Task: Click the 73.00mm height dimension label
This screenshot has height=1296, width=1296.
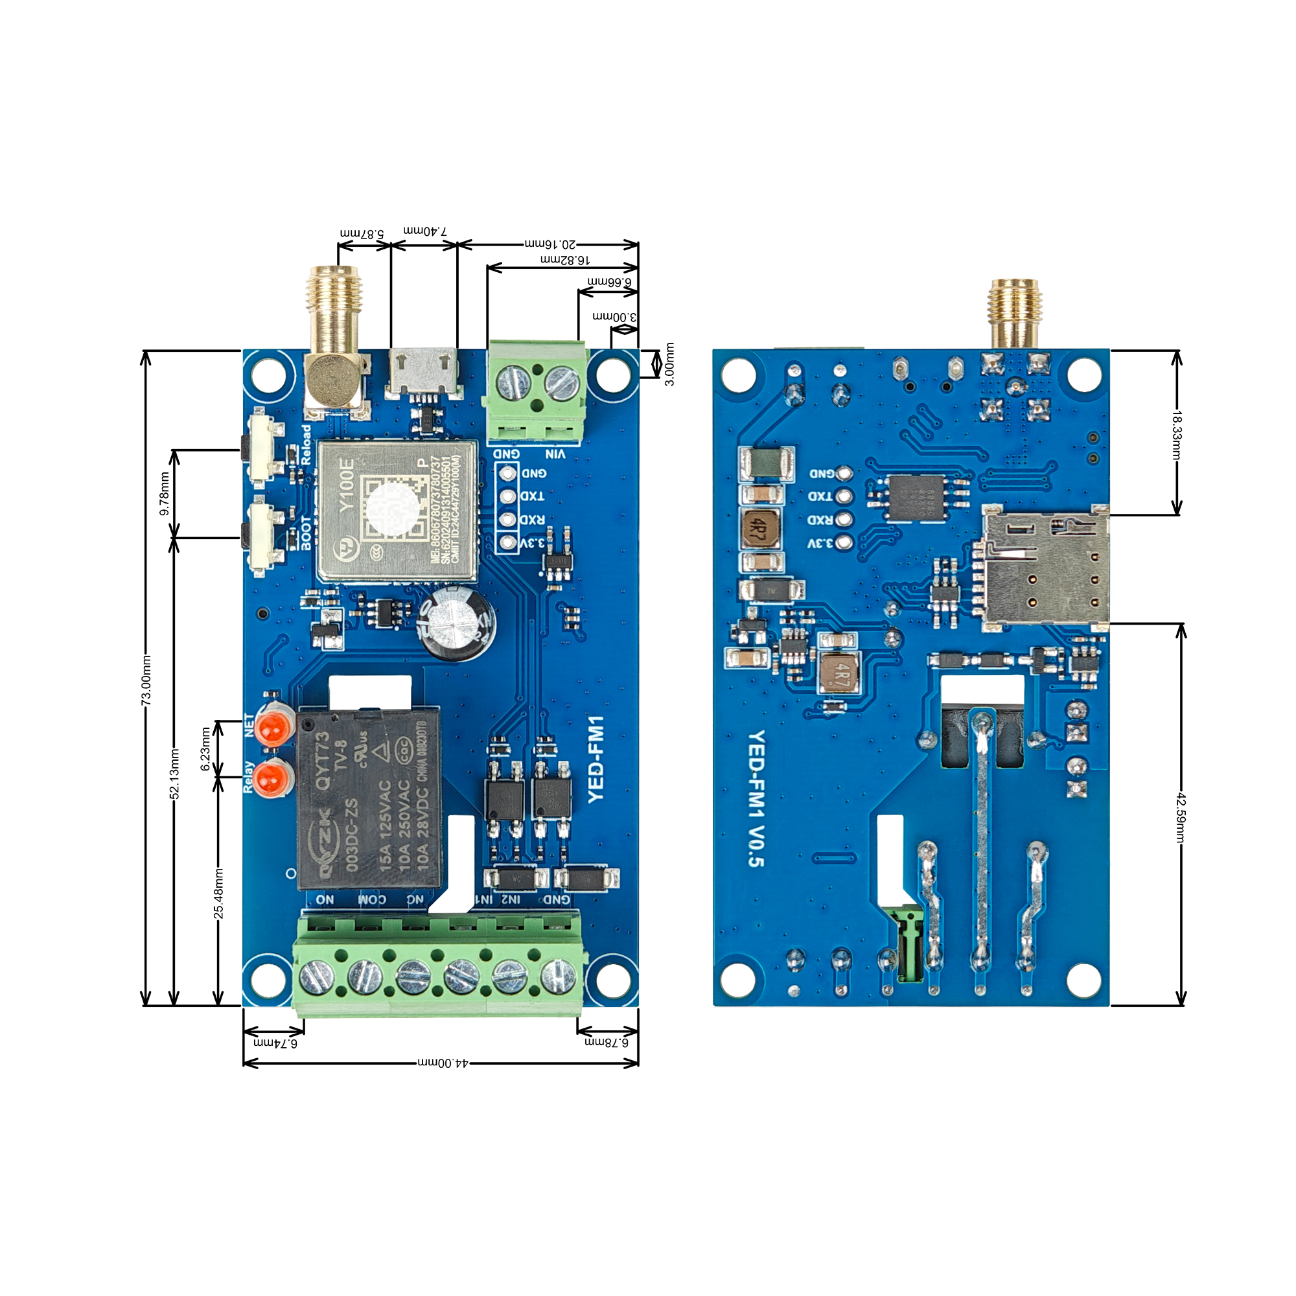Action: tap(146, 680)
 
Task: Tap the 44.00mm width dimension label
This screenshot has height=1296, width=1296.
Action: tap(443, 1063)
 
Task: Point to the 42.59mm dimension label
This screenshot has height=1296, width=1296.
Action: tap(1181, 817)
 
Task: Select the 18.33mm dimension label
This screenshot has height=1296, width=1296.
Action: tap(1176, 435)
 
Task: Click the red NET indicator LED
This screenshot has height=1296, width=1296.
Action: tap(274, 727)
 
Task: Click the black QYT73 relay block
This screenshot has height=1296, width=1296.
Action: tap(369, 798)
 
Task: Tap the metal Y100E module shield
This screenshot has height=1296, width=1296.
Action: tap(398, 511)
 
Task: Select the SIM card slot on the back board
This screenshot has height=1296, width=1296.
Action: tap(1044, 568)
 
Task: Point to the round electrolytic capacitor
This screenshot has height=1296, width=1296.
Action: tap(457, 623)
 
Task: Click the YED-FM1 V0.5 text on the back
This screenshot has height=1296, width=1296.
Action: tap(756, 798)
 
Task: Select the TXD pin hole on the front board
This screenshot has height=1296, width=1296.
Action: tap(509, 496)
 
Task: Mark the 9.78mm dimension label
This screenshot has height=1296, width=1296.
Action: tap(165, 494)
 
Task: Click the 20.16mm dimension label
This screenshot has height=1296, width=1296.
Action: tap(550, 244)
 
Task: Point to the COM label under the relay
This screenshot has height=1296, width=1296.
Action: tap(373, 899)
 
